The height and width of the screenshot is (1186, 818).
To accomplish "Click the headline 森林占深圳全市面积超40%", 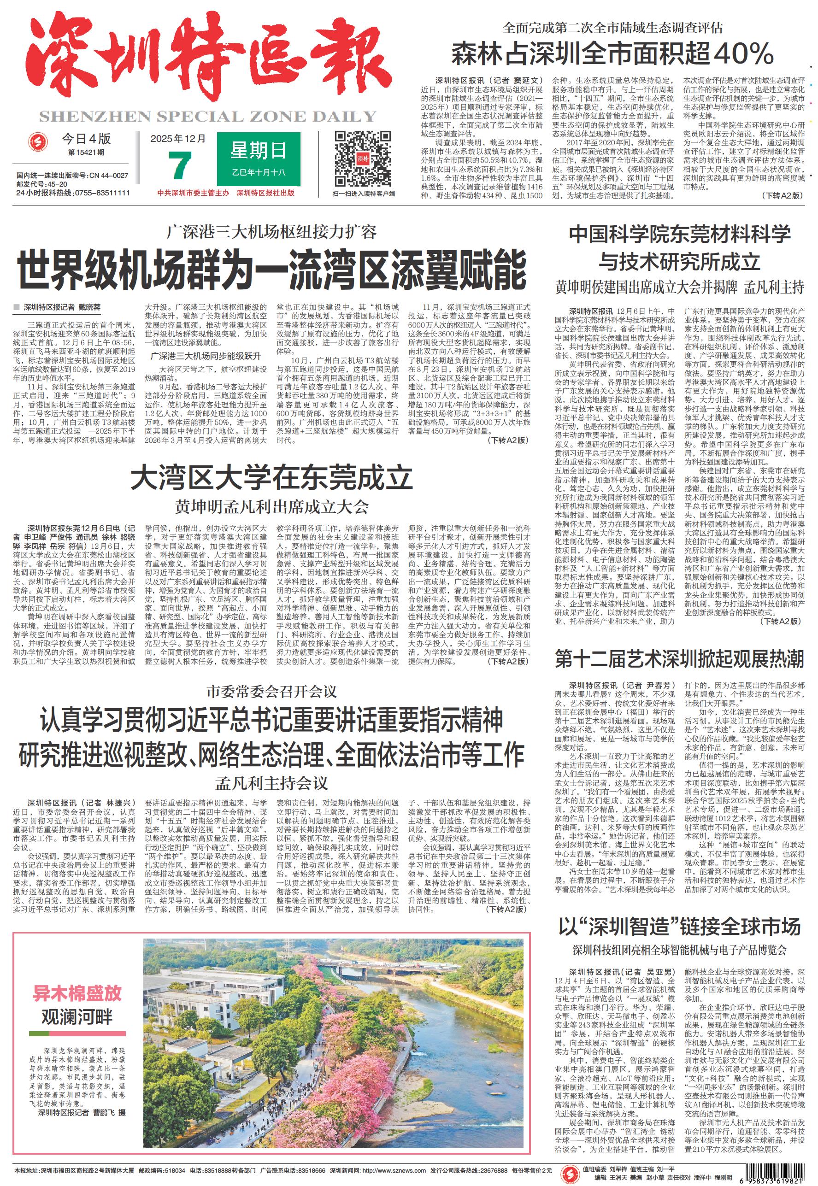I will (612, 53).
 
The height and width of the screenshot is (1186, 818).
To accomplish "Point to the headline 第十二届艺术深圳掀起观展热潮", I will (679, 659).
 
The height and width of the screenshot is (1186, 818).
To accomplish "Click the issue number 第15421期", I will (86, 153).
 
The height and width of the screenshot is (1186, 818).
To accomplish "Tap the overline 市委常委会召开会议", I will (271, 692).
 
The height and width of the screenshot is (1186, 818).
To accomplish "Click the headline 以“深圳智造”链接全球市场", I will (679, 926).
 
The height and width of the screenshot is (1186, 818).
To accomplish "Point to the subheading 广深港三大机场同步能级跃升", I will (206, 356).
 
